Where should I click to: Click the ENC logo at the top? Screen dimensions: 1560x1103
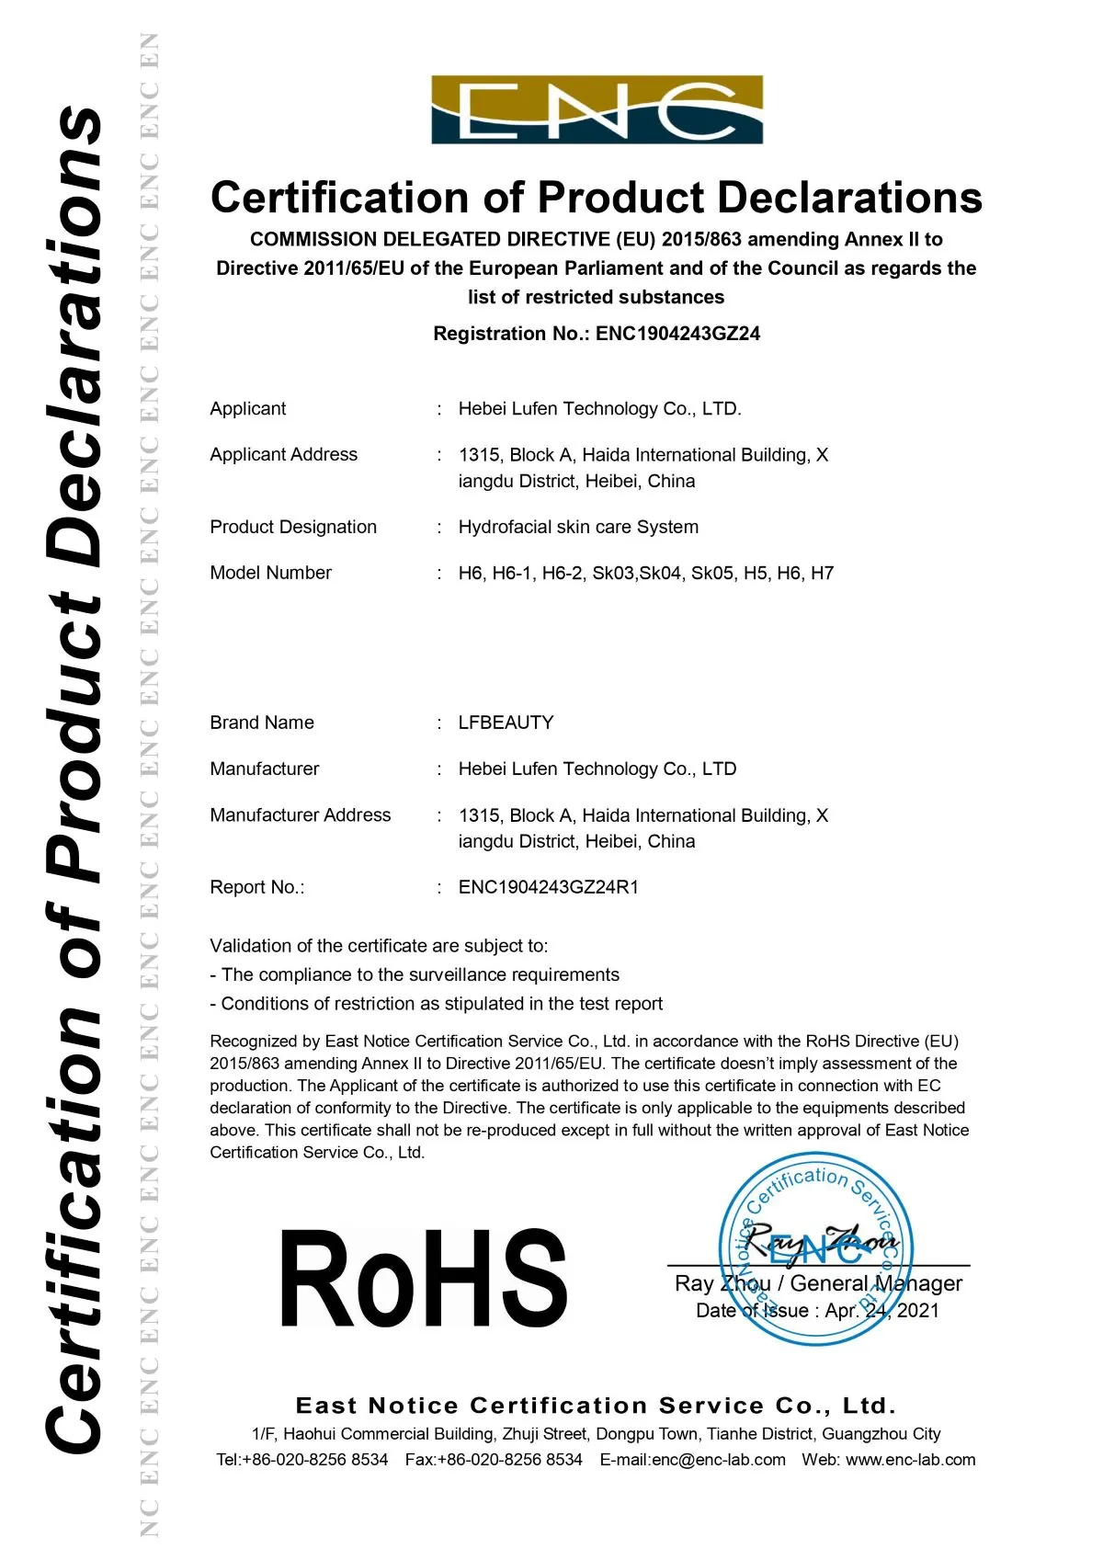[x=597, y=109]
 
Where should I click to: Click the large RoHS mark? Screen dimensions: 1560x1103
[x=424, y=1280]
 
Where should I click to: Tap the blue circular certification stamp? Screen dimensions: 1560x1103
[x=816, y=1248]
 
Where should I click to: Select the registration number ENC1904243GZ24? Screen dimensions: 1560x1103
[x=678, y=334]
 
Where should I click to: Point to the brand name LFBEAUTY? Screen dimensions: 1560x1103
[x=506, y=723]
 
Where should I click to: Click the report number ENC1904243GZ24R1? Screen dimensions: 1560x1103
[x=548, y=887]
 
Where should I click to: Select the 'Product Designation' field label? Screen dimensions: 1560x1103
[x=293, y=527]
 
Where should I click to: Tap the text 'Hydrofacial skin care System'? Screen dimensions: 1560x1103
[x=578, y=527]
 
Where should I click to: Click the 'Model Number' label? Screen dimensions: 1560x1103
[x=270, y=573]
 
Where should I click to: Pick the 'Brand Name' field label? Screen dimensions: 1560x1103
[x=262, y=723]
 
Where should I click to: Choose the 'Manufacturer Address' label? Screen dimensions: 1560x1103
[x=300, y=814]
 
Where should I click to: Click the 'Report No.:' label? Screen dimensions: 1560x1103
[x=256, y=887]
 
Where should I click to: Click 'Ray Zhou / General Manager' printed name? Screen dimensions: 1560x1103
[x=818, y=1283]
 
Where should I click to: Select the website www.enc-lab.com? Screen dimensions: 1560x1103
[x=910, y=1459]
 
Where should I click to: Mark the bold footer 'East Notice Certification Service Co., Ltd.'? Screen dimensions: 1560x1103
[x=596, y=1406]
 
